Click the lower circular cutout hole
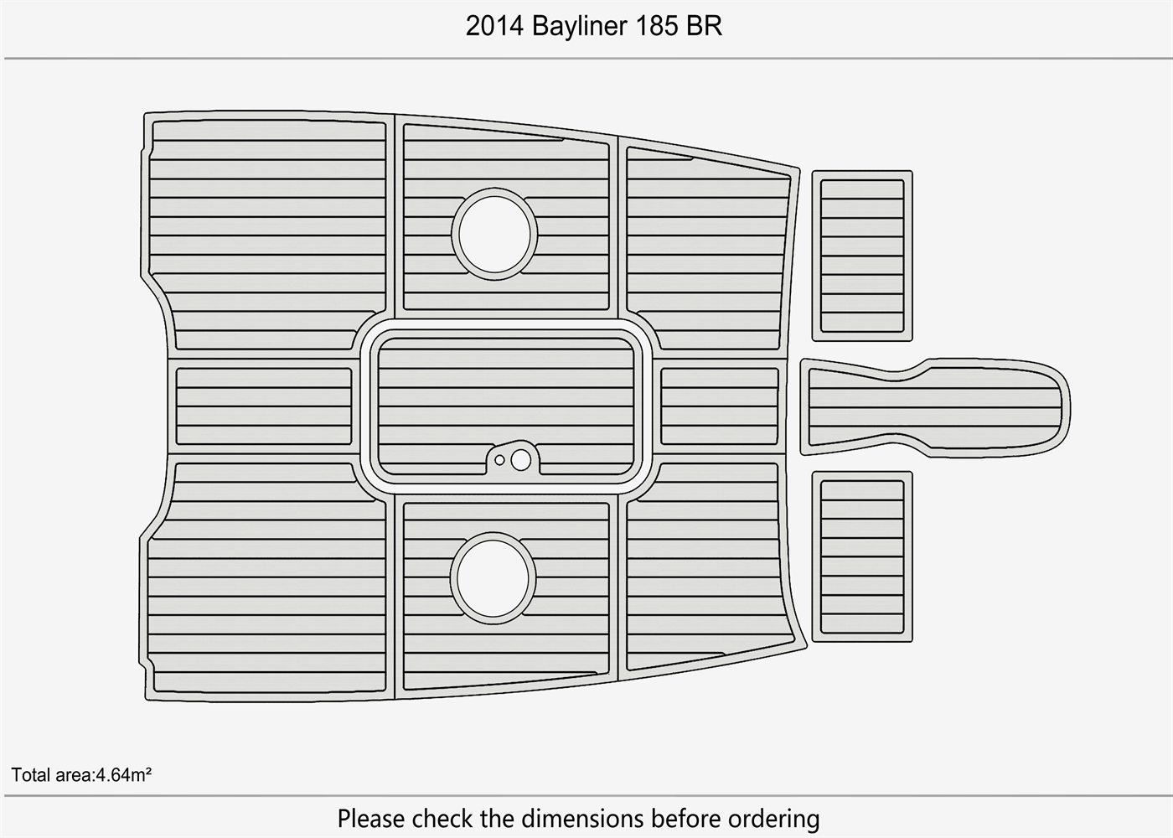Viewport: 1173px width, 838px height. [493, 580]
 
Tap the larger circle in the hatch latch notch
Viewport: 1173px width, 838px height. [520, 459]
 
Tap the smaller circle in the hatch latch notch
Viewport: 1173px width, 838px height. [500, 460]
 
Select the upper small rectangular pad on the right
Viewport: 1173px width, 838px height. [862, 256]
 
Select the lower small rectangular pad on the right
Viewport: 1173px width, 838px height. [862, 556]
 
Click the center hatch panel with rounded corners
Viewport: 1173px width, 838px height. [506, 394]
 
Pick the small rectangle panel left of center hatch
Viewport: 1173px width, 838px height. [263, 406]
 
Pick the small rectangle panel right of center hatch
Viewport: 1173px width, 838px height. [719, 406]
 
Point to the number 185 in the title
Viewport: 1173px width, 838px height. [656, 27]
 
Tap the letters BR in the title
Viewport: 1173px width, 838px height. [704, 27]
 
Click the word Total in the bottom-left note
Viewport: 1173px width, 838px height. [31, 774]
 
